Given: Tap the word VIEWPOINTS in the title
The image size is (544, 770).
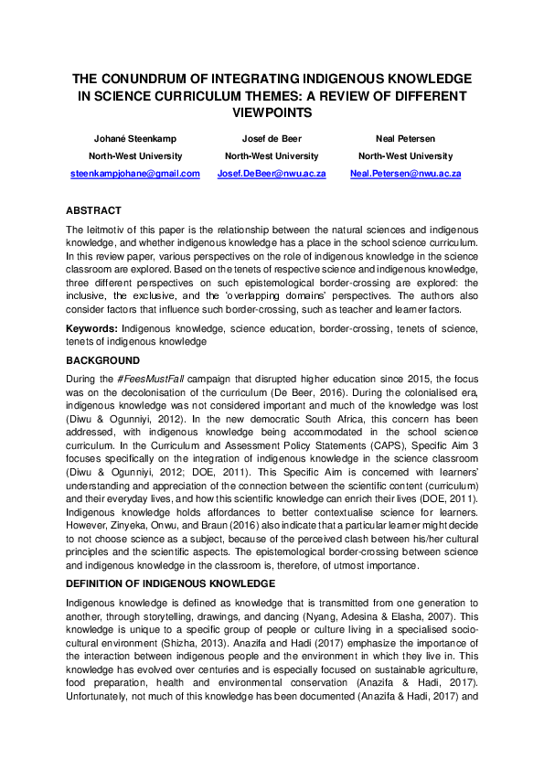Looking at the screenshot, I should tap(272, 112).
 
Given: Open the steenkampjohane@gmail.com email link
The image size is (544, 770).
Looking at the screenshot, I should tap(135, 173).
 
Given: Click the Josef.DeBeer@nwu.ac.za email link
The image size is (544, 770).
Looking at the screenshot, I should tap(272, 173).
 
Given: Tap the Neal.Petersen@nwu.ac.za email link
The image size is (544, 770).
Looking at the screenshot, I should tap(405, 173).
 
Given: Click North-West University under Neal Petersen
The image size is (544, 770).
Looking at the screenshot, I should tap(405, 156).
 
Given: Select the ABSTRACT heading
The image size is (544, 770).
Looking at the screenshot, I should tap(93, 210).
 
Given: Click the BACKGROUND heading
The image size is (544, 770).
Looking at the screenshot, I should tap(102, 360).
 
